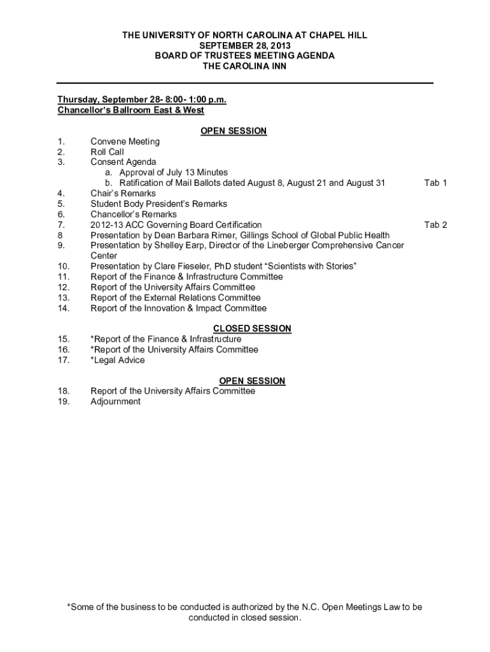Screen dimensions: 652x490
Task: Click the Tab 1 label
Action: coord(435,183)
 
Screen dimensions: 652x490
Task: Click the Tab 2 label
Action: coord(435,225)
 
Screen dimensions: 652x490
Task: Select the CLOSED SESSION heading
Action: coord(252,329)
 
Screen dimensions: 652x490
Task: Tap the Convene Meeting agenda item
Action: coord(125,141)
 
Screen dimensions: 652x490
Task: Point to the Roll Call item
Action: coord(107,152)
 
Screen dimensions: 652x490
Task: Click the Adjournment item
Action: coord(115,402)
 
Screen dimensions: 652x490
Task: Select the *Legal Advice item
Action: coord(118,360)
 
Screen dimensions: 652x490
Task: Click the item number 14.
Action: coord(63,308)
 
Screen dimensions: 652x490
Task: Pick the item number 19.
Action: coord(63,402)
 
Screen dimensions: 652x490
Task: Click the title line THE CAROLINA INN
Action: coord(245,66)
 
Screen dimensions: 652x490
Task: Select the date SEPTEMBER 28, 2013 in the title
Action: coord(245,46)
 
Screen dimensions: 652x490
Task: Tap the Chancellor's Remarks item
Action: coord(134,215)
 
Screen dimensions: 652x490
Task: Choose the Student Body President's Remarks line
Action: coord(158,204)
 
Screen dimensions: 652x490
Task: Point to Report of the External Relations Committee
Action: coord(175,297)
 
